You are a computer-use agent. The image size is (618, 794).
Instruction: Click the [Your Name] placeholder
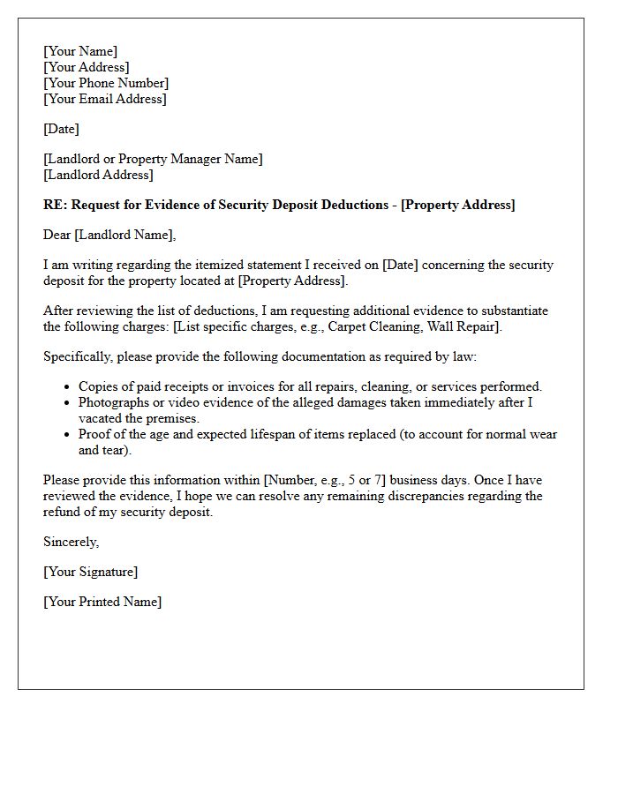(x=80, y=51)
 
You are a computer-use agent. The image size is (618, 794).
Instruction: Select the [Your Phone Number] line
(x=106, y=83)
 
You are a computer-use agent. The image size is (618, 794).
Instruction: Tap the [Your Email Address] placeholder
(x=104, y=99)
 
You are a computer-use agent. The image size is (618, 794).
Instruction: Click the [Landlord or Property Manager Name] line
(x=153, y=159)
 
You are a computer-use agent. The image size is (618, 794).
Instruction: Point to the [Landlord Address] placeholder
(x=99, y=175)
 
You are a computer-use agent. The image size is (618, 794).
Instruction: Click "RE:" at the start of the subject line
(x=55, y=205)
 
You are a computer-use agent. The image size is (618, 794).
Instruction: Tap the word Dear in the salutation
(x=57, y=235)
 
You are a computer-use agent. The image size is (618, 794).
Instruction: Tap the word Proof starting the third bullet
(x=95, y=434)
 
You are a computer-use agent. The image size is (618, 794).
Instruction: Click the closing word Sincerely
(x=71, y=542)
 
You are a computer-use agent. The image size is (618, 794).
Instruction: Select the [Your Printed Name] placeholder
(x=102, y=602)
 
